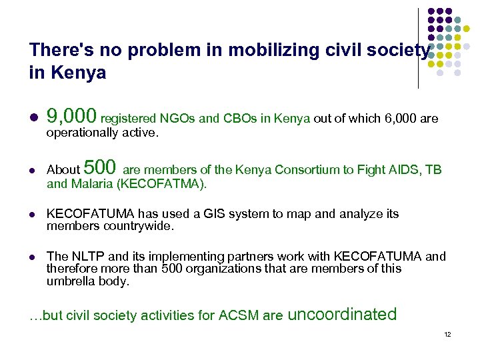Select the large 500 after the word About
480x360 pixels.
101,167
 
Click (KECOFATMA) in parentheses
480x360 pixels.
160,184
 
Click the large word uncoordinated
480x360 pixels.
342,314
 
